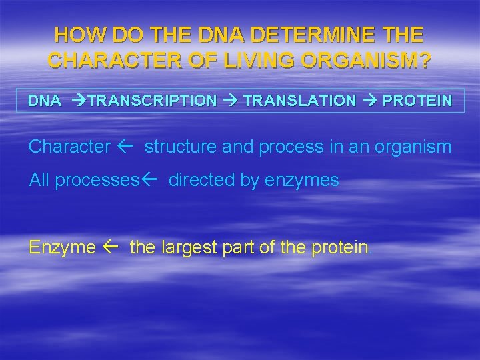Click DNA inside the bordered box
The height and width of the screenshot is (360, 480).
(44, 101)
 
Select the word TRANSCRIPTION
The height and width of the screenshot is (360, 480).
(152, 101)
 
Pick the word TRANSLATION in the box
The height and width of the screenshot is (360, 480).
(299, 101)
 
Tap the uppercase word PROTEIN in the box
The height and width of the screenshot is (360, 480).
(417, 101)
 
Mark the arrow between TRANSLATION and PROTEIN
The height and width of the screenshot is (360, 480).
(369, 101)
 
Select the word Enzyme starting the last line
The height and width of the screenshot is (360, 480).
(62, 247)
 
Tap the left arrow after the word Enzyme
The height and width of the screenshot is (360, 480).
(112, 247)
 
